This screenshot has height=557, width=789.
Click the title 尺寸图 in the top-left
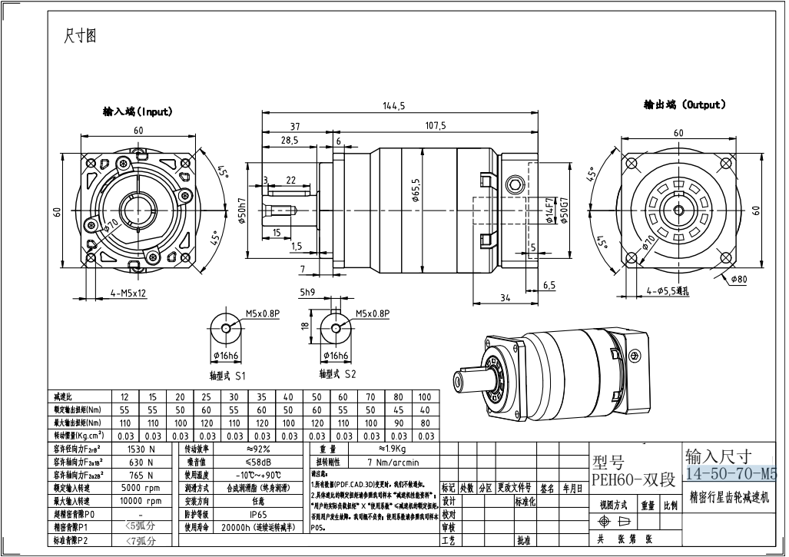pyautogui.click(x=81, y=37)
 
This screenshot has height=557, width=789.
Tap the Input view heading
pyautogui.click(x=138, y=111)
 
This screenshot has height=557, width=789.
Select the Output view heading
pyautogui.click(x=685, y=104)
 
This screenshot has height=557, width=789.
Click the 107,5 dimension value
pyautogui.click(x=435, y=125)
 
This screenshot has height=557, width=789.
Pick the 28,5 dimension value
pyautogui.click(x=290, y=141)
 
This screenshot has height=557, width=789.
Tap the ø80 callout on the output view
pyautogui.click(x=740, y=278)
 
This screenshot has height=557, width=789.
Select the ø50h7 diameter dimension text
pyautogui.click(x=241, y=207)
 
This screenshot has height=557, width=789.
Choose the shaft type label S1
pyautogui.click(x=227, y=376)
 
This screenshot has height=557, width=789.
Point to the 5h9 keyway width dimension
pyautogui.click(x=307, y=293)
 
